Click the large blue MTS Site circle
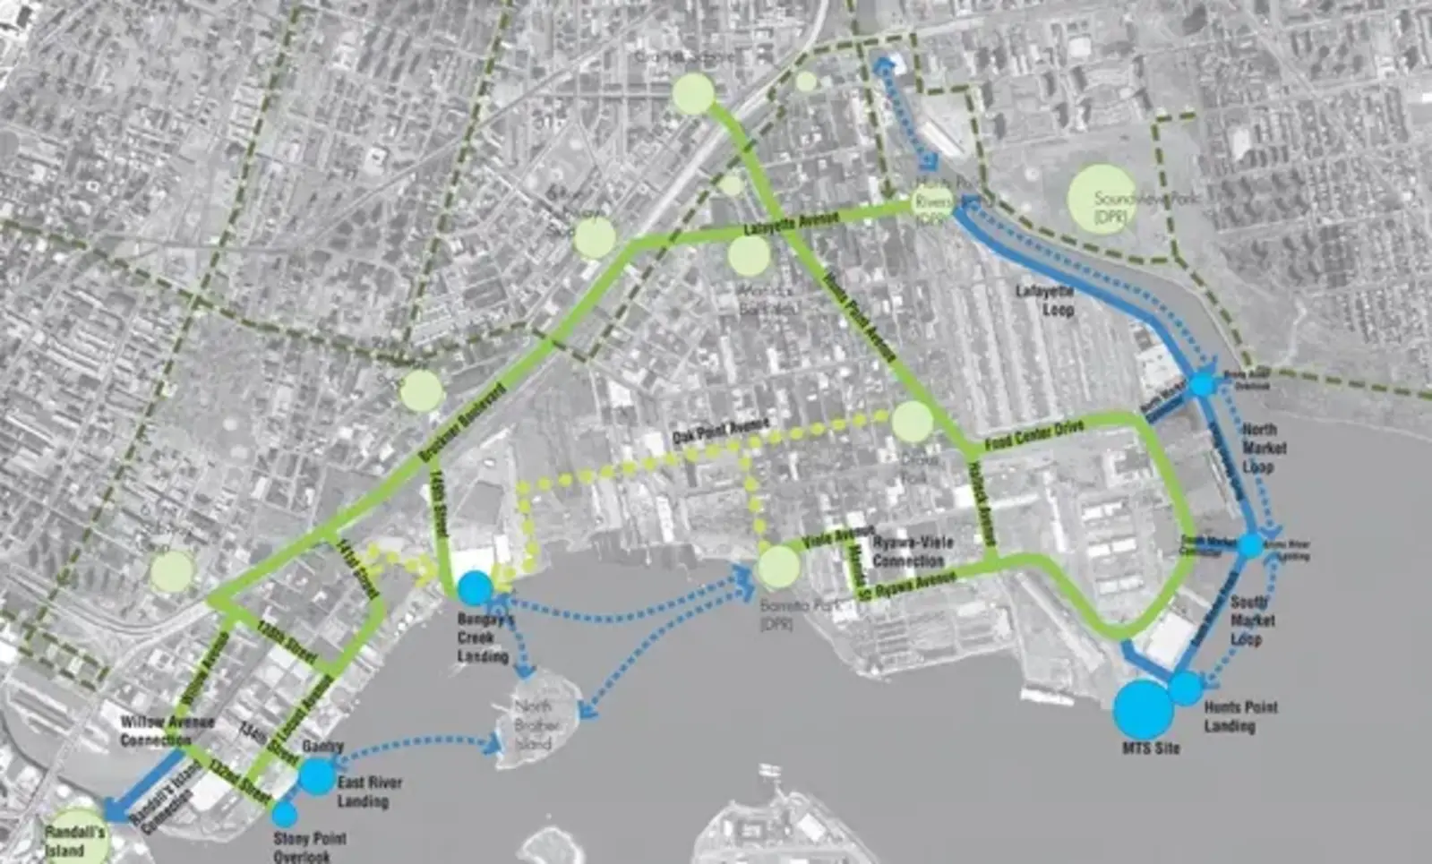pyautogui.click(x=1144, y=709)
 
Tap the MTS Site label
pyautogui.click(x=1151, y=748)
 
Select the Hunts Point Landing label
pyautogui.click(x=1240, y=716)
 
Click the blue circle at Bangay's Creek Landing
pyautogui.click(x=475, y=588)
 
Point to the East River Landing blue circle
pyautogui.click(x=315, y=775)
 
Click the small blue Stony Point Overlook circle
pyautogui.click(x=285, y=814)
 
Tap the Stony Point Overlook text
pyautogui.click(x=309, y=847)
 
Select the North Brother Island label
pyautogui.click(x=537, y=725)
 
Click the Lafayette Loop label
pyautogui.click(x=1044, y=300)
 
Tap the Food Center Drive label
pyautogui.click(x=1034, y=435)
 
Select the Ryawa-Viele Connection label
pyautogui.click(x=909, y=552)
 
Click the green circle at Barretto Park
pyautogui.click(x=778, y=567)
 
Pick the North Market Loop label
pyautogui.click(x=1264, y=448)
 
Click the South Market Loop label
pyautogui.click(x=1248, y=620)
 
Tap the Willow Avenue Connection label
pyautogui.click(x=167, y=731)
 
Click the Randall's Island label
pyautogui.click(x=74, y=841)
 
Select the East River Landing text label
pyautogui.click(x=369, y=791)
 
